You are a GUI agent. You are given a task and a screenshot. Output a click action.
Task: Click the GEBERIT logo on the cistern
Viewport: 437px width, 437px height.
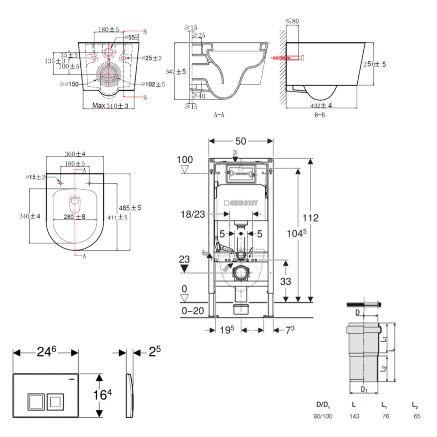click(x=241, y=203)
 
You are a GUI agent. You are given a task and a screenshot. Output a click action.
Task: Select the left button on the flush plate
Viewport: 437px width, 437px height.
click(x=36, y=402)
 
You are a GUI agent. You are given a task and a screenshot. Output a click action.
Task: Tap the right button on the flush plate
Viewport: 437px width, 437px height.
click(x=55, y=402)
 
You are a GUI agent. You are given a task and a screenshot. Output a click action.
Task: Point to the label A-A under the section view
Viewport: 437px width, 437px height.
click(x=219, y=115)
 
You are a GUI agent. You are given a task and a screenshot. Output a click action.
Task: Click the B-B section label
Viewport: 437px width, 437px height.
click(x=319, y=115)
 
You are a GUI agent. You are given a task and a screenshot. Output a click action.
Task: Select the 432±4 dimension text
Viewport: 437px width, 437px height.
click(x=321, y=105)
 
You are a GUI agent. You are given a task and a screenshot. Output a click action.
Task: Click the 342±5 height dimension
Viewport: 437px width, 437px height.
click(x=176, y=71)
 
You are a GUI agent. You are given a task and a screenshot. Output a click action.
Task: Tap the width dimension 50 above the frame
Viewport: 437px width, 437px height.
click(x=241, y=141)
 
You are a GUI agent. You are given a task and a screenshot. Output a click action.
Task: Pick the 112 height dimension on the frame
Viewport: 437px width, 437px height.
click(x=310, y=218)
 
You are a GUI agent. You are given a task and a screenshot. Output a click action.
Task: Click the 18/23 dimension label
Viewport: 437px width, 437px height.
click(x=193, y=214)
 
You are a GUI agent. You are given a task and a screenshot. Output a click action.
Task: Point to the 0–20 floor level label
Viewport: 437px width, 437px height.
click(x=193, y=311)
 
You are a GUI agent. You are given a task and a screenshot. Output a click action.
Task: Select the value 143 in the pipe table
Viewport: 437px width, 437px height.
click(x=354, y=416)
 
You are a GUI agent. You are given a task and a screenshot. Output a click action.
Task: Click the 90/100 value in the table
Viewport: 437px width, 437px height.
click(x=323, y=416)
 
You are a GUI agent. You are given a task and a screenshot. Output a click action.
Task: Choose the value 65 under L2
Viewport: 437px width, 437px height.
click(x=417, y=416)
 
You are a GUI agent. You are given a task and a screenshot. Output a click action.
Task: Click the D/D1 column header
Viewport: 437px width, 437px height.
click(x=323, y=405)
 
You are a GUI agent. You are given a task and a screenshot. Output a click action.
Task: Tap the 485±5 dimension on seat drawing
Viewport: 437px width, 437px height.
click(x=130, y=208)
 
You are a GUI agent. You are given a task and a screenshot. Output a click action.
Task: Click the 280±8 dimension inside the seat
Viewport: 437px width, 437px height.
click(x=74, y=217)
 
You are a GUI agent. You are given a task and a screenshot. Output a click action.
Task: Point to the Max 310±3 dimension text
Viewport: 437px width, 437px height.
click(x=110, y=105)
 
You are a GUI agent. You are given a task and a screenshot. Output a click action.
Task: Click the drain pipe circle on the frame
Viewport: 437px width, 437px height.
click(x=240, y=273)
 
